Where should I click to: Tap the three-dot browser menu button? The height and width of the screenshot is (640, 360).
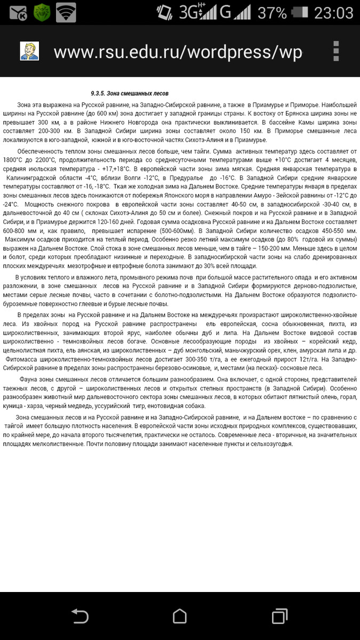[336, 52]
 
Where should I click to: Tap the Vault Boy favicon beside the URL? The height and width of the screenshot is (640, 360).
[29, 51]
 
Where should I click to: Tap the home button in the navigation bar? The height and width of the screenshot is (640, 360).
[180, 617]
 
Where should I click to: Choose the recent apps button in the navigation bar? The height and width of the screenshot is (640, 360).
[279, 617]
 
